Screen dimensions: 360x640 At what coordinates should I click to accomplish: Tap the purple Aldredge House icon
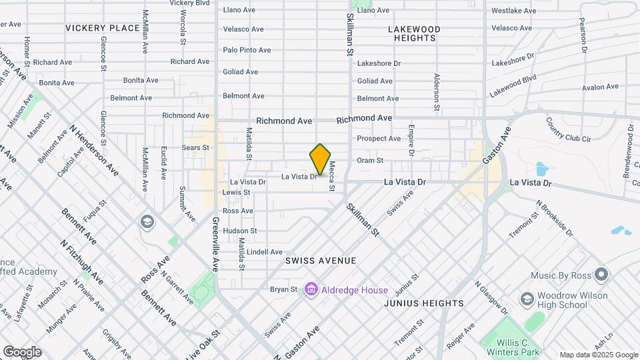coord(310,289)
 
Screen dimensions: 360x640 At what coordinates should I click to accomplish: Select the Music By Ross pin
coord(601,275)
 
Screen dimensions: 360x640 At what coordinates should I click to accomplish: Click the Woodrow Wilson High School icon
coord(526,298)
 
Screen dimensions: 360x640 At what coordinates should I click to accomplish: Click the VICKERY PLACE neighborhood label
coord(103,28)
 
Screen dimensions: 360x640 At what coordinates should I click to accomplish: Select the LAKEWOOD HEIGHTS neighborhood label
coord(414,34)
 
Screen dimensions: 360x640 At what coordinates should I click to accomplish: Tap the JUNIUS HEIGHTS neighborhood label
coord(424,303)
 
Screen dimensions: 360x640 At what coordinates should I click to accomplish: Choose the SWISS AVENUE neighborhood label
coord(321,261)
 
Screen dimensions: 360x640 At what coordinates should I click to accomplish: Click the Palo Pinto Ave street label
coord(247,50)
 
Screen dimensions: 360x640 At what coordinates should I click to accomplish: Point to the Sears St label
coord(195,147)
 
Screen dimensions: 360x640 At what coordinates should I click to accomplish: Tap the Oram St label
coord(370,161)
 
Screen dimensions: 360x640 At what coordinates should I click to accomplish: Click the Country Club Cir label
coord(569,130)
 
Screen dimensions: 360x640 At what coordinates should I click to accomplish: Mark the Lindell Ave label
coord(265,252)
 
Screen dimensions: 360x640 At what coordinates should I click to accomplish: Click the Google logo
coord(22,351)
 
